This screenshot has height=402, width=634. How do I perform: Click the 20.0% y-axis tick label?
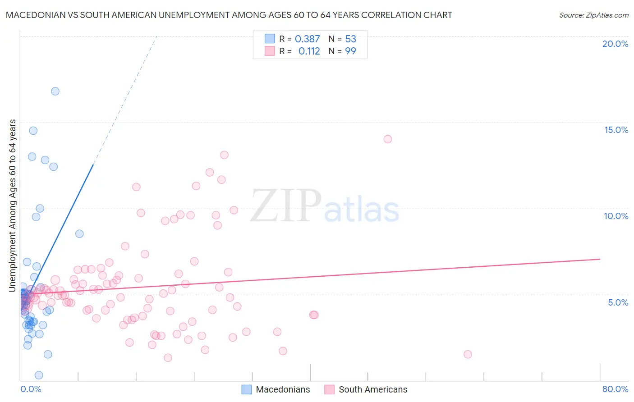[615, 44]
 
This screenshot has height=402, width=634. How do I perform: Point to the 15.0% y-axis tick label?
[616, 130]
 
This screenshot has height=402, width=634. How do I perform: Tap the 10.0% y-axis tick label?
[616, 216]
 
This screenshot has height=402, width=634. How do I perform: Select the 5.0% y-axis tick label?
[618, 302]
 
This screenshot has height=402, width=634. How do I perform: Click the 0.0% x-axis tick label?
[31, 389]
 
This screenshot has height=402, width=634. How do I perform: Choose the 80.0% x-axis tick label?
[615, 389]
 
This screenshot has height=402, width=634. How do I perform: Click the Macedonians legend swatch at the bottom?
[247, 389]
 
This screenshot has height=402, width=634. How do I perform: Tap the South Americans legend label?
[373, 389]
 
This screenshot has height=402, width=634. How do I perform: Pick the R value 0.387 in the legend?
[307, 39]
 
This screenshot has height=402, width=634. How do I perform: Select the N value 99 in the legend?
[350, 51]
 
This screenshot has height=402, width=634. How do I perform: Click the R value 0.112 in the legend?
[309, 51]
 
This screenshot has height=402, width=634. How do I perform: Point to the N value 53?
[350, 39]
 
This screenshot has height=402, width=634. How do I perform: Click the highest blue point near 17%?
[55, 91]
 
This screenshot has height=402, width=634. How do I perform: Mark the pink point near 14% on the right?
[388, 139]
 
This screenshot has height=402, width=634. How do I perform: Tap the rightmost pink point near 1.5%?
[468, 354]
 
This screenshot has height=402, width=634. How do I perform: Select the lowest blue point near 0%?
[39, 375]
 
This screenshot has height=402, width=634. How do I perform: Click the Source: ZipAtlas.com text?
[593, 15]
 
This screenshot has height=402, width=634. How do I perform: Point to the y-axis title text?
[13, 206]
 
